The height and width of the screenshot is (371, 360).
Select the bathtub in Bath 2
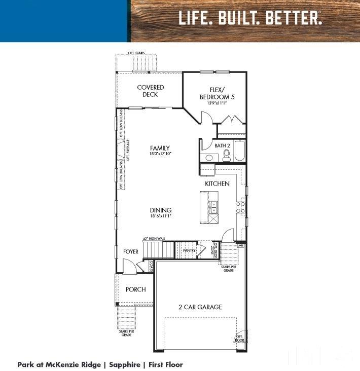[239, 151]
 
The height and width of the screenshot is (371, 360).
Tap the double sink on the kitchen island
[214, 207]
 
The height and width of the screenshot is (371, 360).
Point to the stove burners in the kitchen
[241, 207]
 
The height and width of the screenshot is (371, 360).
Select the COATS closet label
[152, 266]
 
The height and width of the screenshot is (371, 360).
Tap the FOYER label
[131, 252]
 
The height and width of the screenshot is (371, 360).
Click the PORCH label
[136, 289]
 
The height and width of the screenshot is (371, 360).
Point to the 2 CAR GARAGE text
[200, 307]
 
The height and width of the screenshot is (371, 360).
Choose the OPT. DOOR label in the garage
[239, 338]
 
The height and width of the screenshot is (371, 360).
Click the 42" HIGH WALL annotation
[154, 238]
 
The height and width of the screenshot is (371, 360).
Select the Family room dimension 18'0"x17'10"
[159, 154]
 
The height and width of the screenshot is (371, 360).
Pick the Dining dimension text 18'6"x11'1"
[160, 216]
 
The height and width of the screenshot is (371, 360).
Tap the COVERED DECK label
[151, 91]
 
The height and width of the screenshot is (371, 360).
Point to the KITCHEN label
[217, 183]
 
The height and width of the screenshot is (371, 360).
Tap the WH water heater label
[241, 245]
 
